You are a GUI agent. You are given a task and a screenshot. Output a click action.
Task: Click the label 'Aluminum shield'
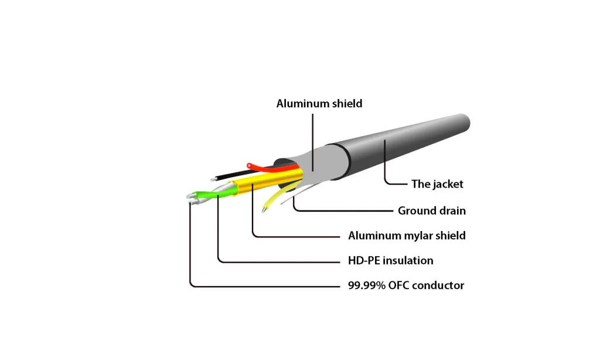pyautogui.click(x=319, y=104)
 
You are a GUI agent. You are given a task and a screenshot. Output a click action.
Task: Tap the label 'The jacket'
pyautogui.click(x=437, y=184)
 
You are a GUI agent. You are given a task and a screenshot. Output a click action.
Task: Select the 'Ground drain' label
pyautogui.click(x=432, y=210)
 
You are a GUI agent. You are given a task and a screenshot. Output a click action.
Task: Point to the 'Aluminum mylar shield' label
pyautogui.click(x=407, y=236)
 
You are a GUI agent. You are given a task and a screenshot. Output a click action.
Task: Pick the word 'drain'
pyautogui.click(x=451, y=210)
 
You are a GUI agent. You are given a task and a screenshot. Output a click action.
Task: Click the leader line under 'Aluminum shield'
pyautogui.click(x=313, y=141)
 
